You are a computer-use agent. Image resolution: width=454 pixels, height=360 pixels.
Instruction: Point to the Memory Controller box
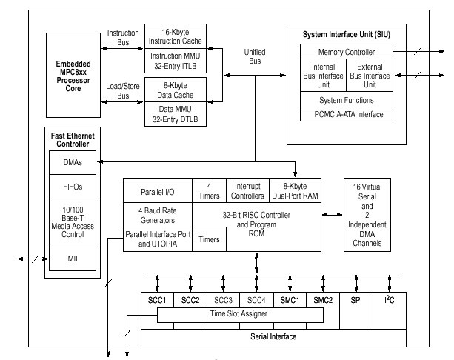pyautogui.click(x=347, y=52)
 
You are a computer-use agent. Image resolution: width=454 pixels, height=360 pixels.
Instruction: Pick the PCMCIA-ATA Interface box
pyautogui.click(x=347, y=114)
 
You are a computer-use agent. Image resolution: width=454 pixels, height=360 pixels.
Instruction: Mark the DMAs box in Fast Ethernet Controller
pyautogui.click(x=72, y=161)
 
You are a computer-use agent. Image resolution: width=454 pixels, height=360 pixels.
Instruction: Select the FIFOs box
pyautogui.click(x=72, y=188)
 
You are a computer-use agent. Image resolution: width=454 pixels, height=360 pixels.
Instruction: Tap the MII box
pyautogui.click(x=72, y=259)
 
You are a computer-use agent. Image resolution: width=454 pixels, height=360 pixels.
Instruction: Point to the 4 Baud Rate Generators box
pyautogui.click(x=156, y=214)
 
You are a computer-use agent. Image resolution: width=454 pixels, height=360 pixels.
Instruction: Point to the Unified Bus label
pyautogui.click(x=255, y=56)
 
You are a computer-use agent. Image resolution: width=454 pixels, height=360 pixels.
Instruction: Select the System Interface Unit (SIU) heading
pyautogui.click(x=346, y=35)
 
